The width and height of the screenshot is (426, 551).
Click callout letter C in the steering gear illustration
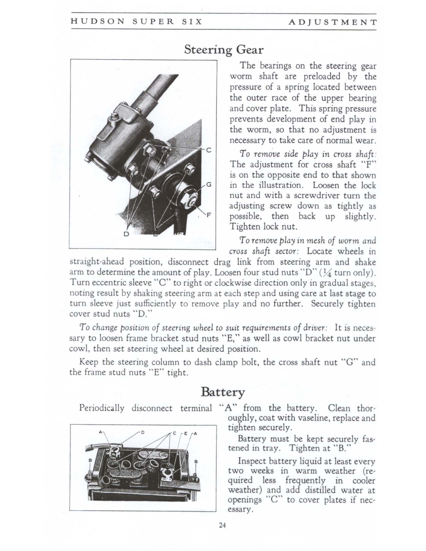tap(209, 150)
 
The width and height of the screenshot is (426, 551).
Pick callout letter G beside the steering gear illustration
tap(209, 184)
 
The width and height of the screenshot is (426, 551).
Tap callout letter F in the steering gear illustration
tap(209, 215)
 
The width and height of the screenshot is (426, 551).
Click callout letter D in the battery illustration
tap(143, 433)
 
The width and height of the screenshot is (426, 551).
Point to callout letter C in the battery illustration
tap(174, 434)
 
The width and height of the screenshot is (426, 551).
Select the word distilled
tap(321, 490)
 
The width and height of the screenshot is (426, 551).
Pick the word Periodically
tap(102, 408)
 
